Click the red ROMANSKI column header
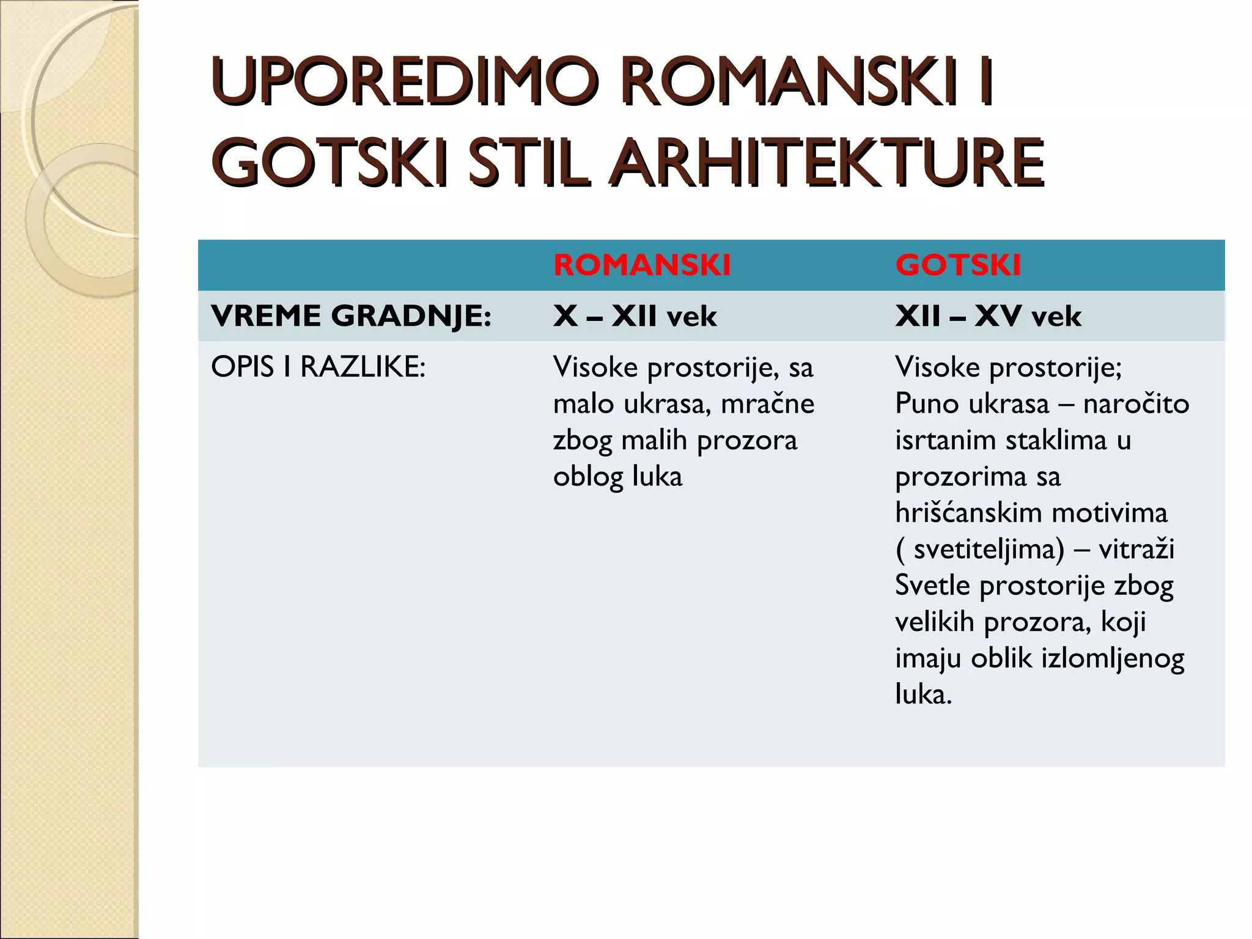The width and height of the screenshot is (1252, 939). click(x=642, y=265)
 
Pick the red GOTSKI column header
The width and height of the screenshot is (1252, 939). click(x=958, y=265)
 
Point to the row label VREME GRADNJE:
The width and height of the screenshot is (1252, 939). click(x=351, y=316)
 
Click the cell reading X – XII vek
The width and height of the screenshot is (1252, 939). click(x=635, y=316)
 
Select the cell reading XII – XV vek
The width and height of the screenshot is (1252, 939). click(x=988, y=316)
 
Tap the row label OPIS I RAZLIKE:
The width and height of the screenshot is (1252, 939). click(x=318, y=367)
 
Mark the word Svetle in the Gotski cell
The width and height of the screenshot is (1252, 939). click(x=932, y=586)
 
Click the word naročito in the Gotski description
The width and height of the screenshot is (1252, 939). click(x=1135, y=404)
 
